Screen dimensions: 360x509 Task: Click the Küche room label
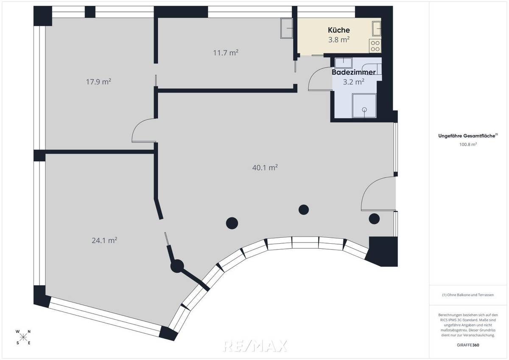(338, 30)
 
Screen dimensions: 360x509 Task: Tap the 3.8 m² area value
(338, 40)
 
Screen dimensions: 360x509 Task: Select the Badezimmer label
(353, 73)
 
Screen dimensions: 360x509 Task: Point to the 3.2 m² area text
(353, 82)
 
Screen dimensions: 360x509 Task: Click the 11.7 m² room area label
(225, 53)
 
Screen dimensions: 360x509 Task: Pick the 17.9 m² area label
(98, 82)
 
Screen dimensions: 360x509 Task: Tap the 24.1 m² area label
(104, 240)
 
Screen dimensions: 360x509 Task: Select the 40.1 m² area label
(265, 168)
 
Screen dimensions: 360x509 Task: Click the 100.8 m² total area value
(468, 144)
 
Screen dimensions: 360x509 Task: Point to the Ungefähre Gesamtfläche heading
(468, 136)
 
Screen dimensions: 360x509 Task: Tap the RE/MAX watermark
(256, 346)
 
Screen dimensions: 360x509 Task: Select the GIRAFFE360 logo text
(468, 345)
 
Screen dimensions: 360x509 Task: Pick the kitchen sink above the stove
(376, 28)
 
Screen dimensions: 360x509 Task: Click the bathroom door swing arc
(315, 79)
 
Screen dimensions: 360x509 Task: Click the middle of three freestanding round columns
(303, 209)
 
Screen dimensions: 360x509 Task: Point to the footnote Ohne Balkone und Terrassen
(468, 295)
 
